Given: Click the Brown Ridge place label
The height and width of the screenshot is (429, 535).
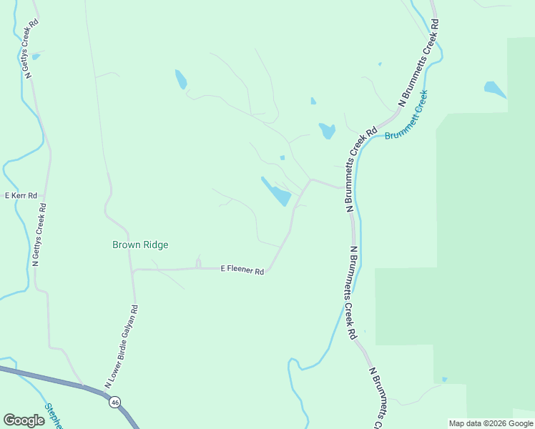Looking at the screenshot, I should [140, 245].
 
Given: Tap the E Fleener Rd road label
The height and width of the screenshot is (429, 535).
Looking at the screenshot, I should [242, 270].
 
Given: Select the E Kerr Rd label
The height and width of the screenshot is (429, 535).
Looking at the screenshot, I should [21, 195].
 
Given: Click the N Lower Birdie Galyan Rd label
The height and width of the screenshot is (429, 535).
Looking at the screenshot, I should [121, 346].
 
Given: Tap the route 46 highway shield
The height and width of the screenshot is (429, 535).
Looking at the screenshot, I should [114, 403].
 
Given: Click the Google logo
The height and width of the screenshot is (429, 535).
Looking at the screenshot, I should [24, 420].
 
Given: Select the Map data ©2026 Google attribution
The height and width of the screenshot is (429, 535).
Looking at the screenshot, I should [490, 423].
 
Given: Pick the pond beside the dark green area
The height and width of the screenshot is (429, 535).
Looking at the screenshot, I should [494, 89].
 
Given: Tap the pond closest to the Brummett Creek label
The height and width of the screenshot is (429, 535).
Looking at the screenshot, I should [327, 131].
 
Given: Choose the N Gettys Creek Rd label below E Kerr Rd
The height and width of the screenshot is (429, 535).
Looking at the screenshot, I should [39, 236].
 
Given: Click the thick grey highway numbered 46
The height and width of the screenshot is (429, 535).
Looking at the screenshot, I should [64, 383].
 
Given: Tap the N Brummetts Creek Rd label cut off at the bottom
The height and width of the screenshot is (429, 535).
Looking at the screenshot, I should [379, 398].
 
